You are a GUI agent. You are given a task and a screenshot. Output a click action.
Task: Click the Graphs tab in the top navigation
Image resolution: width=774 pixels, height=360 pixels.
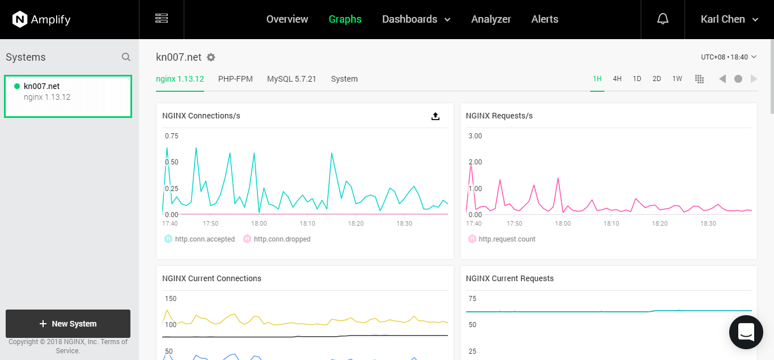(x=345, y=19)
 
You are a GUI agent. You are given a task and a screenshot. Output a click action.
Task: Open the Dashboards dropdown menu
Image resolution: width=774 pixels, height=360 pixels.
(x=416, y=19)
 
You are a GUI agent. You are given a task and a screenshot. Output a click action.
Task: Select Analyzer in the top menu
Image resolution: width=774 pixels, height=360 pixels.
(x=490, y=19)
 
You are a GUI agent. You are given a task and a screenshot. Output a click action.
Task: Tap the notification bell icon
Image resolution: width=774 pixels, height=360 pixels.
(x=662, y=19)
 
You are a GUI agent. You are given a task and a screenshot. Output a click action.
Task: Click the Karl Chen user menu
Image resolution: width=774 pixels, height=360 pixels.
(x=729, y=19)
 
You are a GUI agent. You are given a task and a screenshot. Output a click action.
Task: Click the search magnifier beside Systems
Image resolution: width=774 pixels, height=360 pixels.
(x=126, y=57)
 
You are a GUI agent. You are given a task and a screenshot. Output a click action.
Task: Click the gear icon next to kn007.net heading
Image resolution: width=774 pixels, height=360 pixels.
(x=211, y=57)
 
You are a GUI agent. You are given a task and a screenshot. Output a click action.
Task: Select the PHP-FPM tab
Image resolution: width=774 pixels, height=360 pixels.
(x=235, y=79)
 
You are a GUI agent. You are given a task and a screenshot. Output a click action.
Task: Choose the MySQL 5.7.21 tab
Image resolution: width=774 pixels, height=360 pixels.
(x=291, y=79)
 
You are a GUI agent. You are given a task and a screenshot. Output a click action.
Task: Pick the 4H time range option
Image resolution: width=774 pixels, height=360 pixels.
(x=617, y=79)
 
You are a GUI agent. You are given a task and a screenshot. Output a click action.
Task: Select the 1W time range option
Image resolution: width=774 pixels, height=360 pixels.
(x=677, y=79)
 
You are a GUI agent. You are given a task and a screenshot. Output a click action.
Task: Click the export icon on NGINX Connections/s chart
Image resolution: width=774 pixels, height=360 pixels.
(x=435, y=116)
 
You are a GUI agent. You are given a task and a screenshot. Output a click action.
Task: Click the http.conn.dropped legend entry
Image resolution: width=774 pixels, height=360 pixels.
(x=277, y=239)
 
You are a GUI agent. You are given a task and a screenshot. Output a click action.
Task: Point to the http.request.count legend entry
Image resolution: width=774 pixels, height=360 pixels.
(x=502, y=239)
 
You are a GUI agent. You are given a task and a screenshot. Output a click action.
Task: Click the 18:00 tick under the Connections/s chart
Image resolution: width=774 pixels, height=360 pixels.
(x=259, y=223)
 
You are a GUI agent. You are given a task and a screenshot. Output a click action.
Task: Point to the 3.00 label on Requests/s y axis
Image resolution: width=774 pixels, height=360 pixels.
(x=475, y=135)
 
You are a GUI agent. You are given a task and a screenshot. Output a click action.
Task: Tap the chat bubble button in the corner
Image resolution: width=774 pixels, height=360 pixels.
(x=746, y=332)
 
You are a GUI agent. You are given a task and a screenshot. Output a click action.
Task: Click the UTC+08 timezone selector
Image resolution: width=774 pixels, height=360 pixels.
(x=729, y=57)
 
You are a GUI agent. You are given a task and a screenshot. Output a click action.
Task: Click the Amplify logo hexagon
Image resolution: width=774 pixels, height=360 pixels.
(x=20, y=19)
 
